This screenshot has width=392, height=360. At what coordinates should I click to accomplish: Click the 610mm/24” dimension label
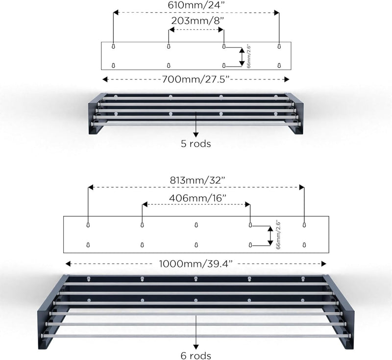196,5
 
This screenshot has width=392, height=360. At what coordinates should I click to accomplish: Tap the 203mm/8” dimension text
197,21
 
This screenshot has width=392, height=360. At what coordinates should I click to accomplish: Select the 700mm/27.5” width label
196,79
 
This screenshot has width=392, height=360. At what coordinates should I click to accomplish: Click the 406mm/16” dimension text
197,198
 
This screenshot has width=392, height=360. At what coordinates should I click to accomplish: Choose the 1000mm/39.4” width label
196,264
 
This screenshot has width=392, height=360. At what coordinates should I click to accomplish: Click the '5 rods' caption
196,144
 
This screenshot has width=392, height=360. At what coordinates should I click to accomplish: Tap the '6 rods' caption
196,356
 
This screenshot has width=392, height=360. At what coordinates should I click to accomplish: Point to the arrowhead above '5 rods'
196,134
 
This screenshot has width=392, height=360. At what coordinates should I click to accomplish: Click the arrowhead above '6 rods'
196,347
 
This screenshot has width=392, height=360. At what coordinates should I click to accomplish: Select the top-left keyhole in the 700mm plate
113,46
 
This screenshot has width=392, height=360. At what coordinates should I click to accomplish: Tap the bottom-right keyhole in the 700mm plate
279,66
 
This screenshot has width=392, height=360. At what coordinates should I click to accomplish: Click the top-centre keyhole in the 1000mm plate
196,225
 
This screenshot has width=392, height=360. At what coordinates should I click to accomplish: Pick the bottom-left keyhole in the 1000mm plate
88,244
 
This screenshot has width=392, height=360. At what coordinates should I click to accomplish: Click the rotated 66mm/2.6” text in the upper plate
248,56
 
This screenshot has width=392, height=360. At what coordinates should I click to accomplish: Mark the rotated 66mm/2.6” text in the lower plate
278,235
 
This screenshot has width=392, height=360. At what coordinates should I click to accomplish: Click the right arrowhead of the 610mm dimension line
276,13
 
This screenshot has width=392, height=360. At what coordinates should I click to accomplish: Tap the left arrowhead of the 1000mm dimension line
68,264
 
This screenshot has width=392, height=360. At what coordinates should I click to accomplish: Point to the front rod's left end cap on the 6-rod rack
43,335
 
